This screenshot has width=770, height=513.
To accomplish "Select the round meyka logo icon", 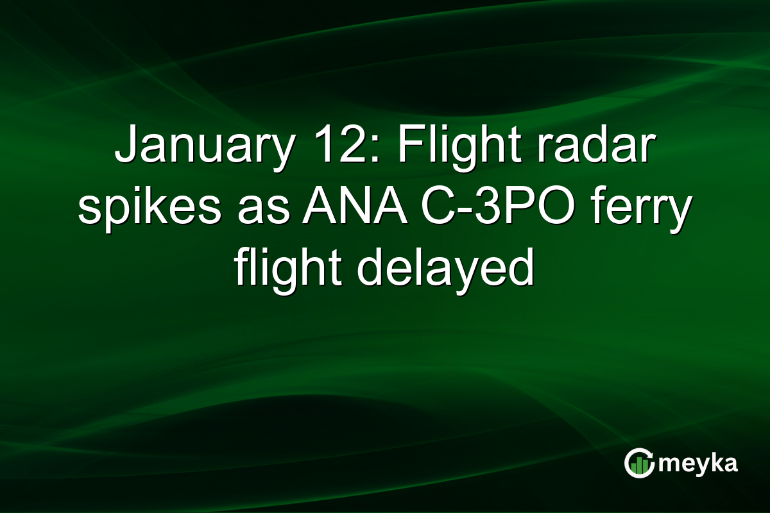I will click(639, 464).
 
